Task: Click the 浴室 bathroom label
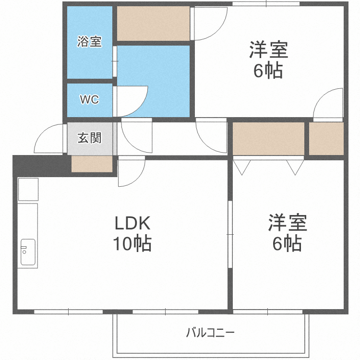click(89, 42)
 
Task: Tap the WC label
click(89, 100)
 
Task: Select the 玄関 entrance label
click(90, 138)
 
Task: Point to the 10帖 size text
click(132, 244)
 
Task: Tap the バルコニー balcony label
click(210, 332)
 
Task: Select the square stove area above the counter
click(28, 189)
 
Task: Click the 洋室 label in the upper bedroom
click(268, 50)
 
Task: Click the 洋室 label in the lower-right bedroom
click(287, 223)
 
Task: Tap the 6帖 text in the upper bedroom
click(268, 71)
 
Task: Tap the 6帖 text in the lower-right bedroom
click(287, 244)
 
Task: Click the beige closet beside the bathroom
click(153, 24)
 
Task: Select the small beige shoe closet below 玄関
click(92, 164)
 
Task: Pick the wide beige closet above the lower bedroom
click(269, 139)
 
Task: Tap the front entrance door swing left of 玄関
click(50, 138)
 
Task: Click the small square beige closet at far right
click(326, 139)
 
